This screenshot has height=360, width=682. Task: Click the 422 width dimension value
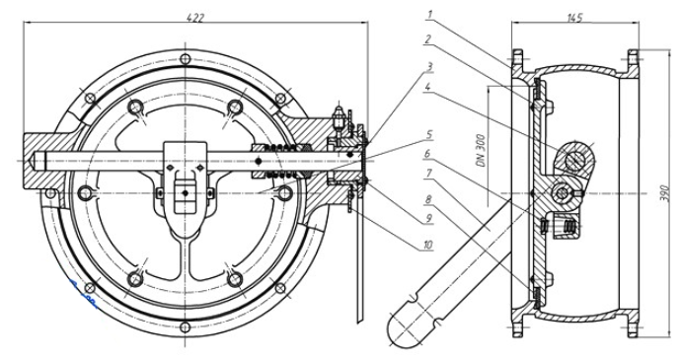point(194,18)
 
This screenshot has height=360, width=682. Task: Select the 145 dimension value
point(574,18)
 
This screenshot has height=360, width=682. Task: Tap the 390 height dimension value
point(664,192)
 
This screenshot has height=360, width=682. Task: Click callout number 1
point(429,15)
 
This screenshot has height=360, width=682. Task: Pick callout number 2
point(427,39)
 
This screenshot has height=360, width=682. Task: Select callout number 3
point(429,66)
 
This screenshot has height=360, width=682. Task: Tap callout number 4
point(428,88)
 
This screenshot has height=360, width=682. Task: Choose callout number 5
point(429,134)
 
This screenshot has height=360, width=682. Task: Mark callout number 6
point(427,154)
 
